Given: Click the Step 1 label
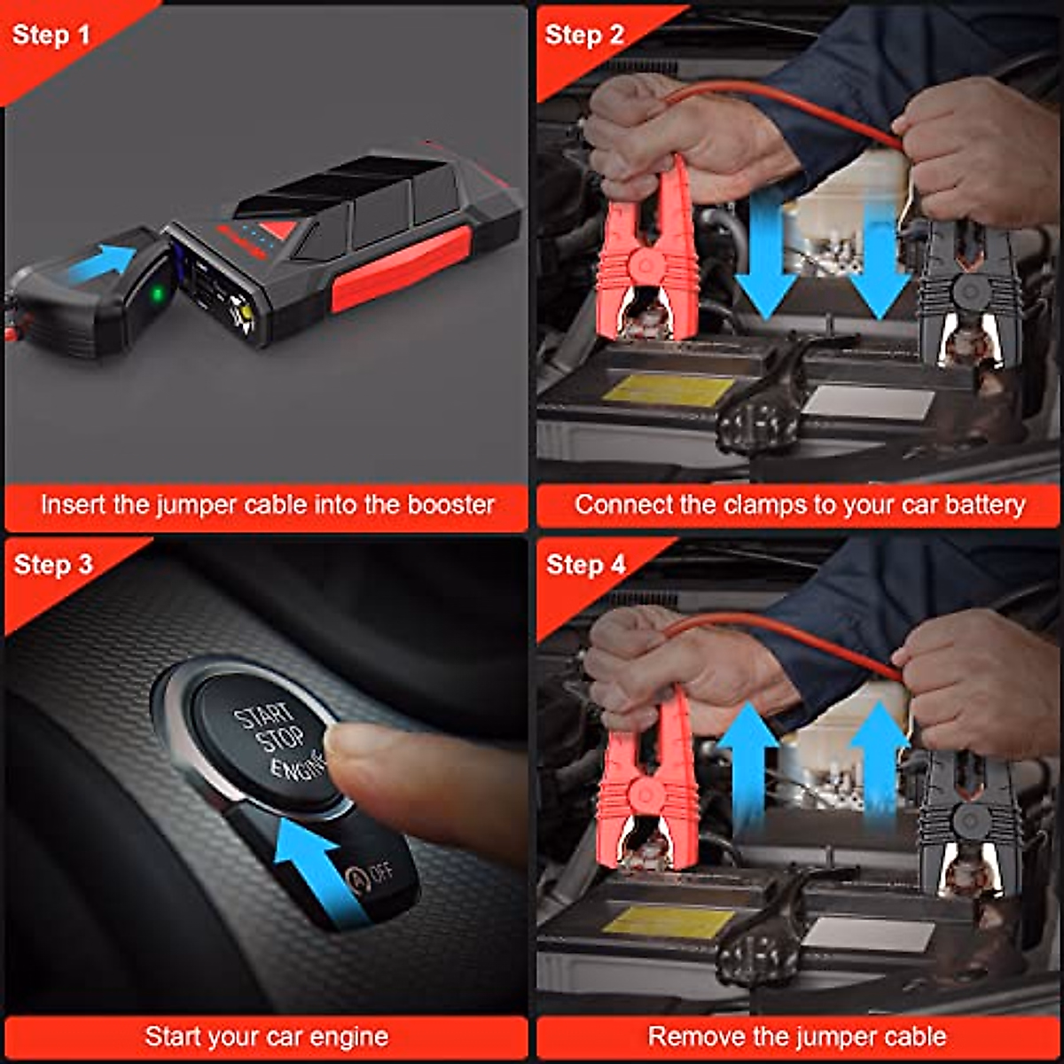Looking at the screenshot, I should pos(51,35).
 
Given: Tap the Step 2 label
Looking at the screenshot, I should pos(584,35).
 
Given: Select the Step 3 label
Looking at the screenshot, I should pos(53,565).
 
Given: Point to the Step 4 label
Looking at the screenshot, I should pos(586,565).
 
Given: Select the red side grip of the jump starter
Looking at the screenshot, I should pos(401,268).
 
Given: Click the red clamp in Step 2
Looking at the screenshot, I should pos(646,257).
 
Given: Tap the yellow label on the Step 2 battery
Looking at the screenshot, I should pos(669,389).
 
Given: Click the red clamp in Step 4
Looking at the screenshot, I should pos(646,789).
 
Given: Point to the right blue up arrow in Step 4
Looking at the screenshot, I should pos(879,763).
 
